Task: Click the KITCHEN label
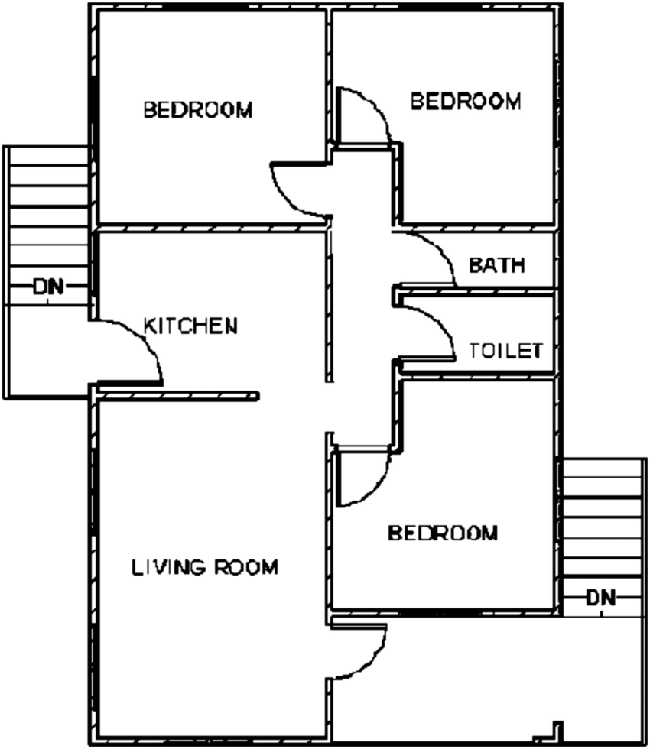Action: (191, 326)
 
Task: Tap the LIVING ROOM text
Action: (205, 568)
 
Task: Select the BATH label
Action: (497, 266)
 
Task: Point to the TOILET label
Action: (505, 351)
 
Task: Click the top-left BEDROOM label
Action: (198, 110)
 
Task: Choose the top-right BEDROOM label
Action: (466, 101)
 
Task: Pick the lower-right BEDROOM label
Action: (443, 533)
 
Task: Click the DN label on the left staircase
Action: (48, 287)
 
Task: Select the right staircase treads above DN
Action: (601, 520)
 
